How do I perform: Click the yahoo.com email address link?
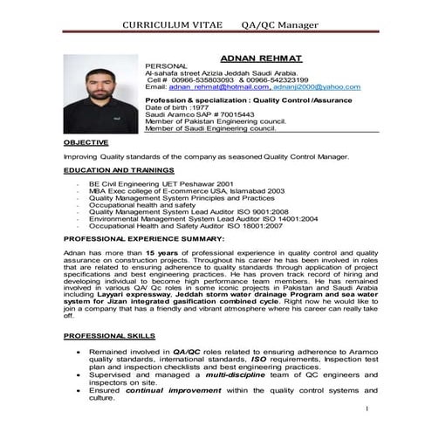[x=318, y=87]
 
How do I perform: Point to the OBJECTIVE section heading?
[x=86, y=141]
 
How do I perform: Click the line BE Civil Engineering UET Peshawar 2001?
[x=161, y=185]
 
